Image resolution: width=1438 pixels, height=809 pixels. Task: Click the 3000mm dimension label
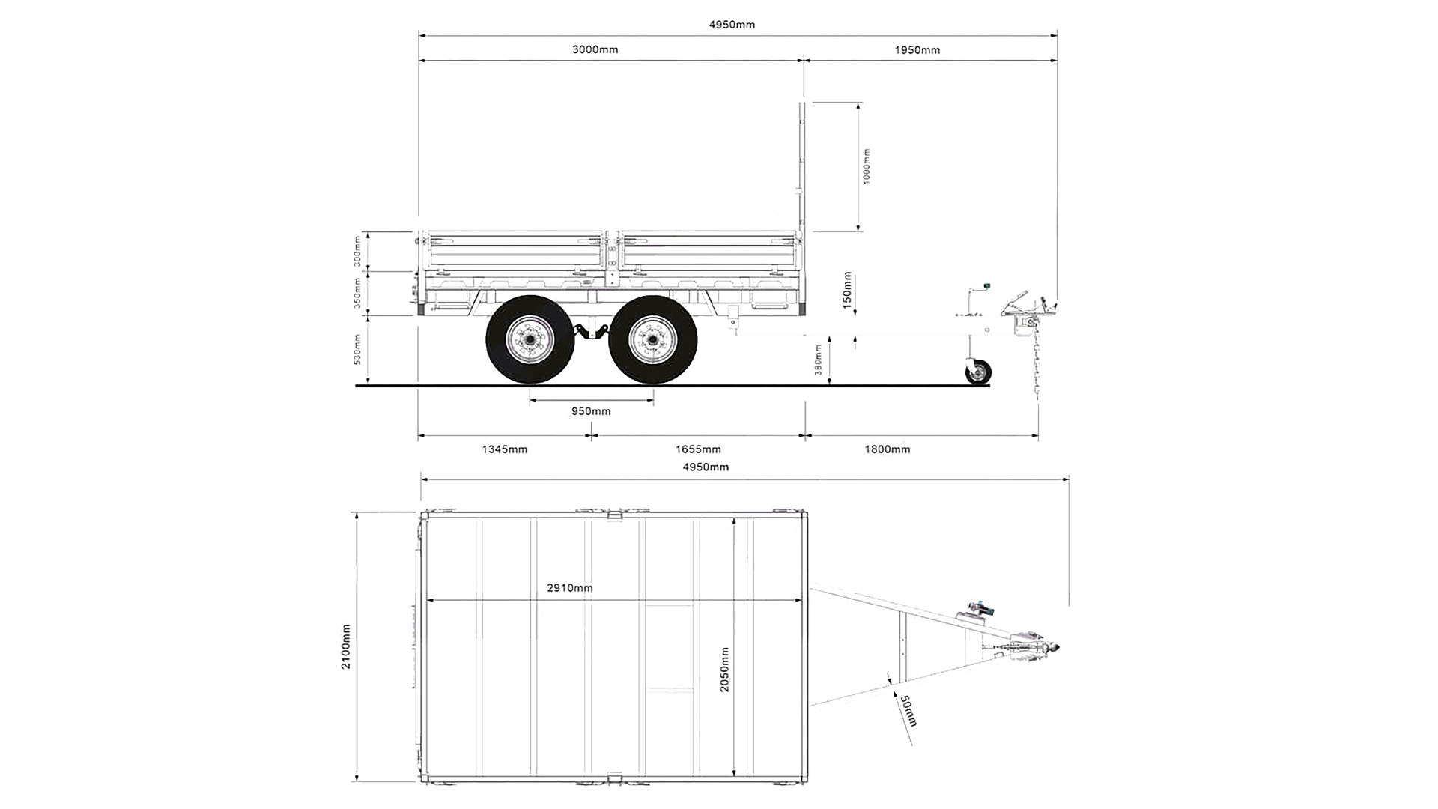[x=595, y=50]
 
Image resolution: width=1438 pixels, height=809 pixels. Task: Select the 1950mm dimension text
[x=917, y=50]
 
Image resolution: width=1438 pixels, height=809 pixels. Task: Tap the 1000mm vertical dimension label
[x=867, y=166]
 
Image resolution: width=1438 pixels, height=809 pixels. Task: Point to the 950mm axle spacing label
[x=591, y=411]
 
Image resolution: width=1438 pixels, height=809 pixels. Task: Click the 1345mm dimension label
[x=504, y=449]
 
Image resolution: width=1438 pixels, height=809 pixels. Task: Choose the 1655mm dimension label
[x=698, y=449]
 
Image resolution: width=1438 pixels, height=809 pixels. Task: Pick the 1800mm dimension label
[x=888, y=449]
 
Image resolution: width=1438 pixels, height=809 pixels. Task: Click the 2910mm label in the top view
[x=569, y=588]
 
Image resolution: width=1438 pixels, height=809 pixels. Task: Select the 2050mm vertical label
[x=724, y=670]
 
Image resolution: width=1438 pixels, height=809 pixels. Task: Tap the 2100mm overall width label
[x=345, y=646]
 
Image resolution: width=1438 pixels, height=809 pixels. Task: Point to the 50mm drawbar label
[x=908, y=711]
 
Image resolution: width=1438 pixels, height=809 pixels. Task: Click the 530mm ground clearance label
[x=357, y=349]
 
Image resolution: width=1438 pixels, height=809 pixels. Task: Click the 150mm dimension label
[x=847, y=291]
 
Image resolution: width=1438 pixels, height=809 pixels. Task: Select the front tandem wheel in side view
[x=652, y=340]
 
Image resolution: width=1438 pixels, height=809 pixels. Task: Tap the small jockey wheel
[x=978, y=372]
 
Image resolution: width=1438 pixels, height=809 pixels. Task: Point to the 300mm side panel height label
[x=357, y=251]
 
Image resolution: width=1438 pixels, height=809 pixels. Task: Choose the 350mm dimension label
[x=357, y=293]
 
